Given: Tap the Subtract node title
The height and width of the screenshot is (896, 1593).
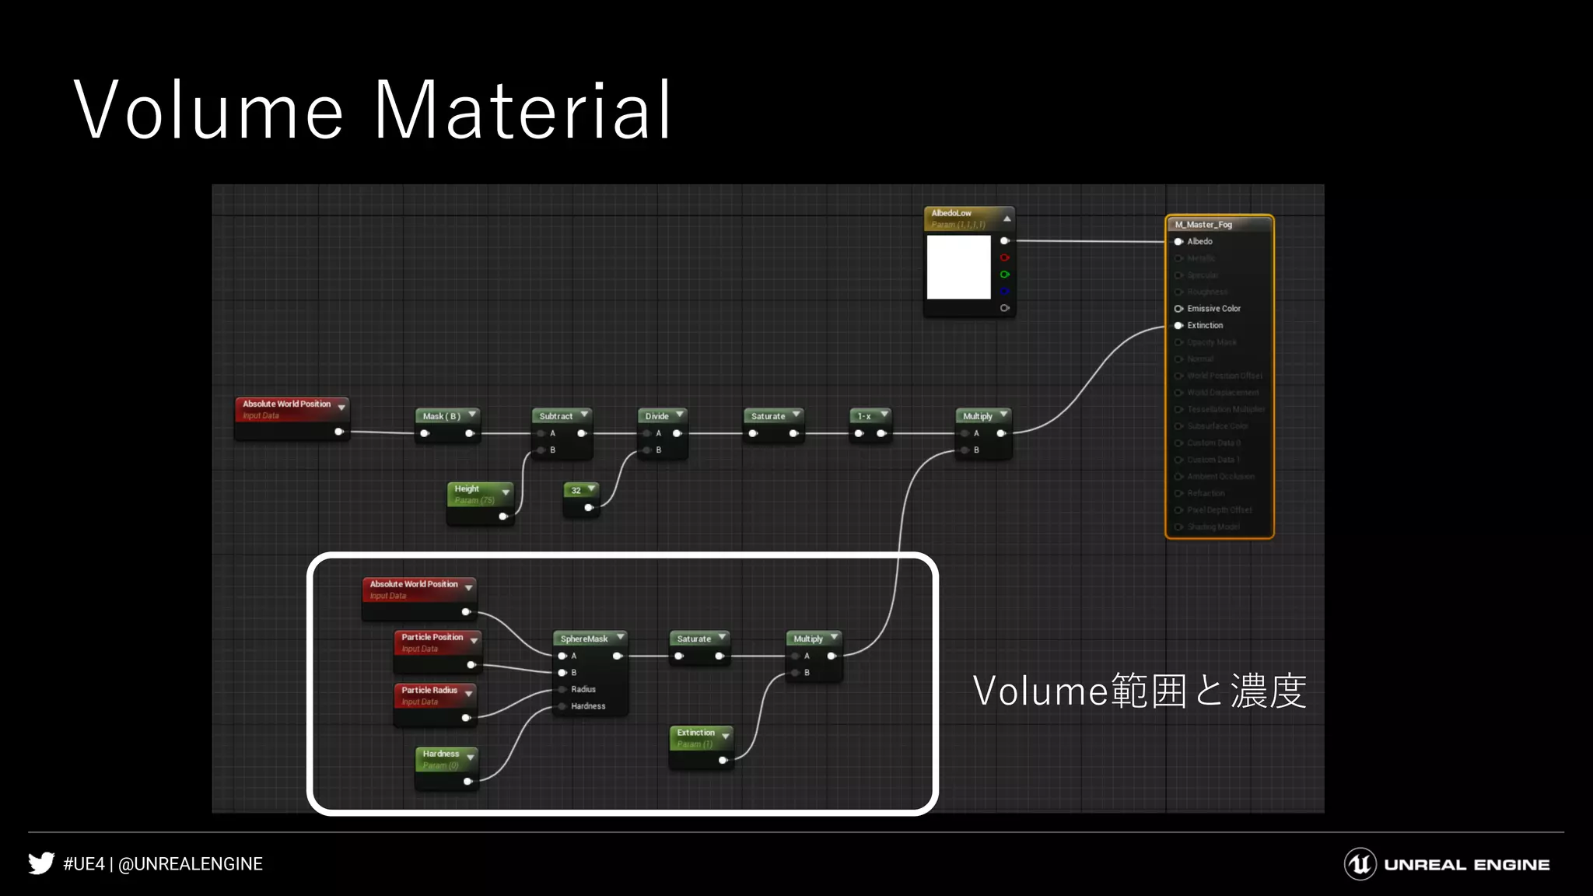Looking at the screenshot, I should click(556, 416).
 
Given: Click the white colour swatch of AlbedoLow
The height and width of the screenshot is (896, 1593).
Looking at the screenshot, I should click(958, 267).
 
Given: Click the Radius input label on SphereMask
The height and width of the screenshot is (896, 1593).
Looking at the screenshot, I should click(583, 689).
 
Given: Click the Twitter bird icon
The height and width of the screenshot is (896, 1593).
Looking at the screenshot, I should click(41, 863).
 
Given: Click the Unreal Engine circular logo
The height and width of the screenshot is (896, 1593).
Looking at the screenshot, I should click(1360, 864).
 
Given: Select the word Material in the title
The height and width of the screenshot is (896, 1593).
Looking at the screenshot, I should click(523, 110).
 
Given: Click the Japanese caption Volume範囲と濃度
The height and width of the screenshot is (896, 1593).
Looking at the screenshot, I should click(1139, 691).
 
